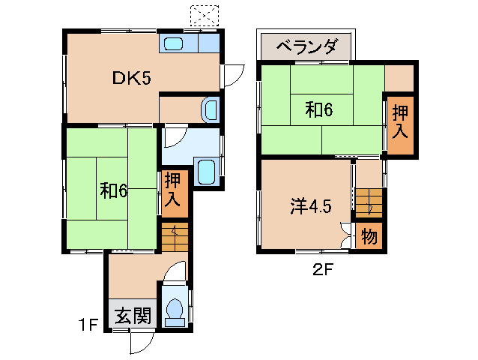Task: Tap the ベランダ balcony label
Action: (306, 46)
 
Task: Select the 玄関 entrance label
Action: (133, 316)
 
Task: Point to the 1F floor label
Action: (89, 325)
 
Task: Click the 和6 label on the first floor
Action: (114, 190)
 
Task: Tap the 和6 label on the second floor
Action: (318, 109)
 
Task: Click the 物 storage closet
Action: (369, 237)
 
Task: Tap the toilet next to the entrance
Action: (175, 310)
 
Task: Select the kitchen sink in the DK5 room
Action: (175, 43)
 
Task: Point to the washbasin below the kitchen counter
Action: (211, 109)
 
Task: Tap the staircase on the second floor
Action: (369, 203)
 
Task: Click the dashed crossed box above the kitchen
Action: (204, 15)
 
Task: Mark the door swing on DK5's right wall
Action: (232, 76)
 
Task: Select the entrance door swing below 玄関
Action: (140, 342)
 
